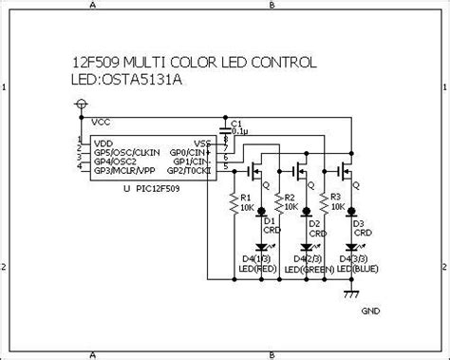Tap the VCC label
(101, 123)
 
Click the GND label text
(371, 311)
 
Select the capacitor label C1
(237, 123)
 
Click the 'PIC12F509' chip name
(159, 188)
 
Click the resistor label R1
(244, 197)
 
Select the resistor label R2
(291, 197)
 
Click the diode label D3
(358, 223)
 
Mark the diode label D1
(269, 221)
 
